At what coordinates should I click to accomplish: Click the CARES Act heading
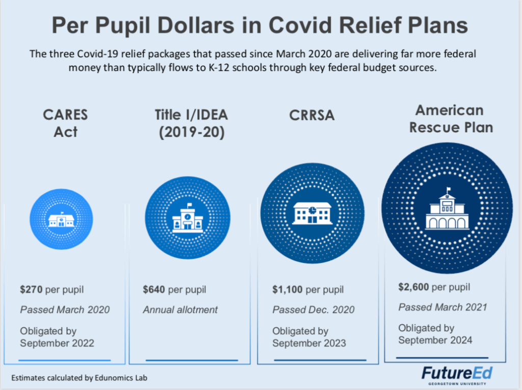[x=65, y=123]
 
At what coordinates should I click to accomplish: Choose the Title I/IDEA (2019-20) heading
[x=191, y=123]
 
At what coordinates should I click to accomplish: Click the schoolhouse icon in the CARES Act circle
[x=61, y=220]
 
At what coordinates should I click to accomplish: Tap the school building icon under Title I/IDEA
[x=188, y=218]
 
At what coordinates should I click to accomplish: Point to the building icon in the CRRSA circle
[x=312, y=213]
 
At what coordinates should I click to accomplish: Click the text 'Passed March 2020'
[x=65, y=309]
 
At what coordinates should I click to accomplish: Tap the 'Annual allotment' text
[x=180, y=309]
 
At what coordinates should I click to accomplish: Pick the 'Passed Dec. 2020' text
[x=313, y=310]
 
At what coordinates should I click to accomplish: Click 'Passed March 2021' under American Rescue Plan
[x=442, y=307]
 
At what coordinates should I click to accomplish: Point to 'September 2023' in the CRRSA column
[x=309, y=343]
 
